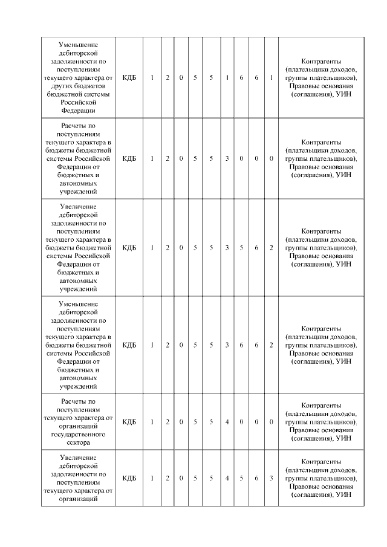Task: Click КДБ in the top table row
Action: click(129, 77)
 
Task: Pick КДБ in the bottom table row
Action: click(129, 478)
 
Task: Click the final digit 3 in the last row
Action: click(272, 478)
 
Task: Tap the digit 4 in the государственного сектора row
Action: click(227, 421)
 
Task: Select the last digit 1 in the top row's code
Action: click(272, 77)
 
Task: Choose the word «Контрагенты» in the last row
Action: click(320, 461)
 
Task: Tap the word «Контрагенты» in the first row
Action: click(320, 61)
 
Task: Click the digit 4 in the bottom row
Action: click(227, 478)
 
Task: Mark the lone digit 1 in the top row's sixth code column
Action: click(227, 77)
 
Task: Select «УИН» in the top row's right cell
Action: click(343, 94)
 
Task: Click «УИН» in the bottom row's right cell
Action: click(343, 495)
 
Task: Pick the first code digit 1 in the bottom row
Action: click(152, 478)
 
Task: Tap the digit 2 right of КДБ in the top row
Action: click(167, 77)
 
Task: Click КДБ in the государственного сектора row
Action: click(129, 421)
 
